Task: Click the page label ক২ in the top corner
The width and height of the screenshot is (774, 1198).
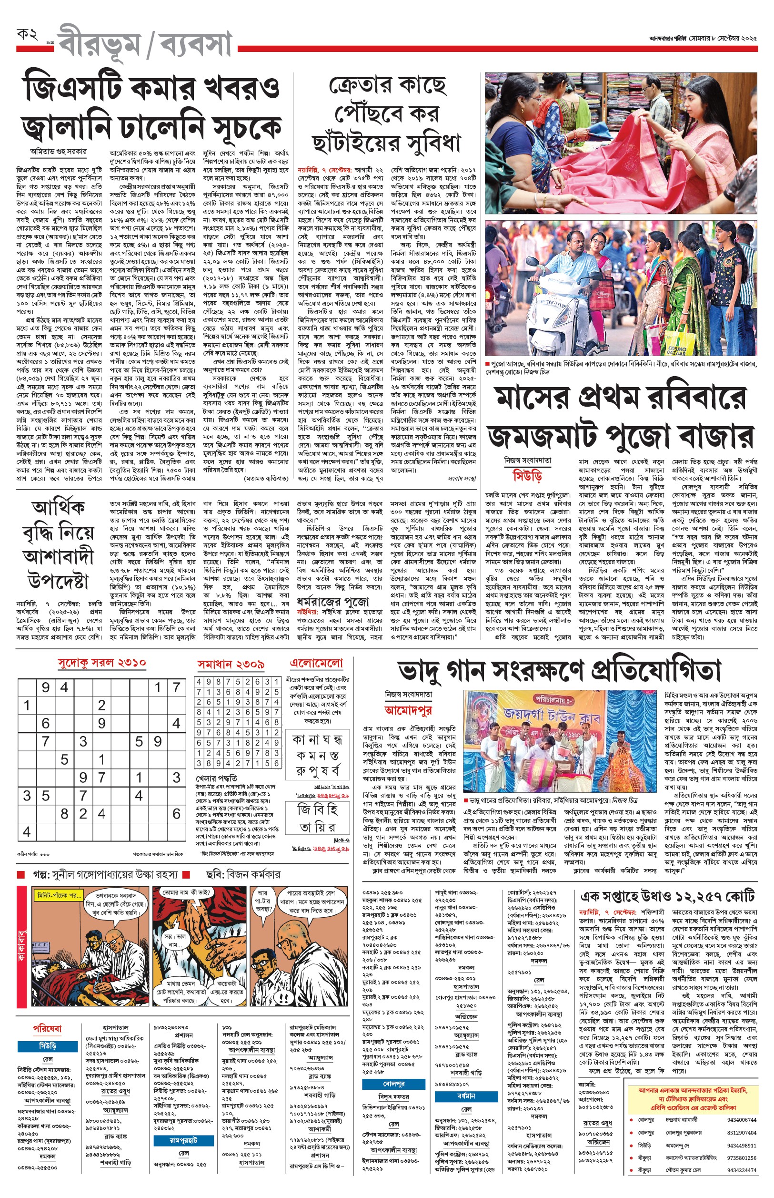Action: (28, 35)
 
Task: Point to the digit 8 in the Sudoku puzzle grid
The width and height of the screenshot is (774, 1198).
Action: (64, 813)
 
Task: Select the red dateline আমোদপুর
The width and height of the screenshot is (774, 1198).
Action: (408, 710)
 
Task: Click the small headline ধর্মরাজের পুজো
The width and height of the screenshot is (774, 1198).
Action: (333, 601)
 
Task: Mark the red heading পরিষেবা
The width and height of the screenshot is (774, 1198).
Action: (47, 1028)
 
